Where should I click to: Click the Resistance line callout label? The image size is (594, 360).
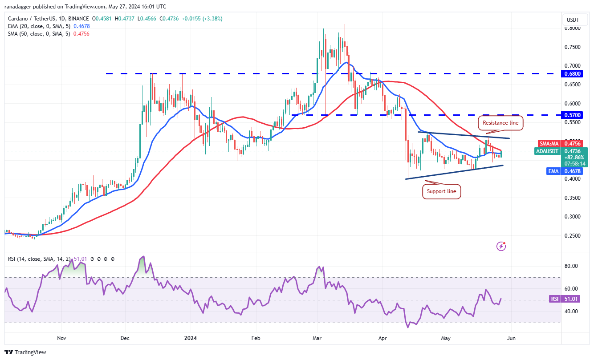[x=500, y=122]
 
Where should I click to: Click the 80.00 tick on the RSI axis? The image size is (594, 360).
[x=571, y=266]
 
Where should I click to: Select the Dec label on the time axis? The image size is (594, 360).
[x=125, y=338]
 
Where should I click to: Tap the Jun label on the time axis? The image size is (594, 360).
[x=511, y=338]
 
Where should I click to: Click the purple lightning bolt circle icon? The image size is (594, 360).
[x=501, y=246]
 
